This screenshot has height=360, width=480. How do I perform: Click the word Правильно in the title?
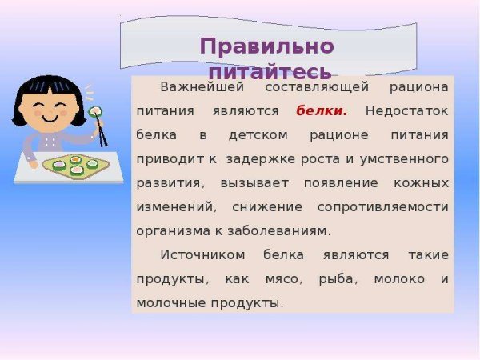pyautogui.click(x=266, y=46)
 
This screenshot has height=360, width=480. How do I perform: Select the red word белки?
pyautogui.click(x=321, y=110)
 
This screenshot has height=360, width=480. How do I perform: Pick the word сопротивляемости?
pyautogui.click(x=382, y=206)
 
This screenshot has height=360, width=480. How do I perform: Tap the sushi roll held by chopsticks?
pyautogui.click(x=95, y=111)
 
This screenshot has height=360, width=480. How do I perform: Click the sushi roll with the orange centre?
pyautogui.click(x=76, y=159)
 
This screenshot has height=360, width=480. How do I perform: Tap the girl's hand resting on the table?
pyautogui.click(x=31, y=165)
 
